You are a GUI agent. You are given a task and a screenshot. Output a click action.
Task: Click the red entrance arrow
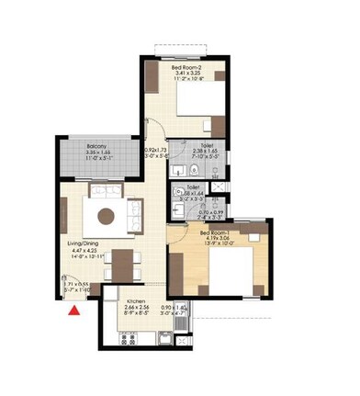point(73,311)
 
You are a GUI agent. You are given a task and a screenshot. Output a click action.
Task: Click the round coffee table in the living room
point(107,216)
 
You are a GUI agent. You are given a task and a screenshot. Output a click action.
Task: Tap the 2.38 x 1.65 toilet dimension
point(205,152)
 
